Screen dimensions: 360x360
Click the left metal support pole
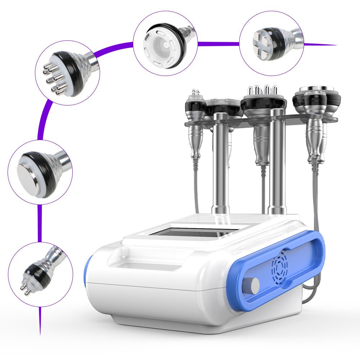[x=220, y=162]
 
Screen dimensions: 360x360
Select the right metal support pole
[x=278, y=162]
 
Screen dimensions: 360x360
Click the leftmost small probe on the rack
[x=195, y=104]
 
